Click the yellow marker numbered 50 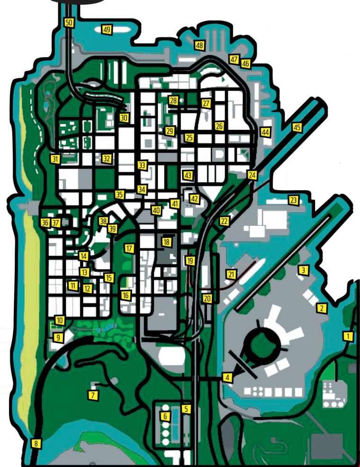click(x=69, y=22)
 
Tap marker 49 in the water click(x=107, y=30)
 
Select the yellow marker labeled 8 click(x=35, y=444)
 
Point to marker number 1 click(x=349, y=337)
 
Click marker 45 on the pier click(x=297, y=128)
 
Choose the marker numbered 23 click(x=293, y=200)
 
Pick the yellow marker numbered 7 click(x=93, y=394)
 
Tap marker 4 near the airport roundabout click(x=228, y=377)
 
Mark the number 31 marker click(x=55, y=159)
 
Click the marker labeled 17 click(x=129, y=248)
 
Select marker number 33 click(x=142, y=165)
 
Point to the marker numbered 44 click(x=265, y=132)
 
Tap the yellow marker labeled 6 click(x=165, y=417)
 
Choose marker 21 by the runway click(x=231, y=274)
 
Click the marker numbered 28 click(x=173, y=101)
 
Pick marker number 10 click(x=59, y=320)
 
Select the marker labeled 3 click(x=303, y=270)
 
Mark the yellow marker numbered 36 click(x=45, y=222)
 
